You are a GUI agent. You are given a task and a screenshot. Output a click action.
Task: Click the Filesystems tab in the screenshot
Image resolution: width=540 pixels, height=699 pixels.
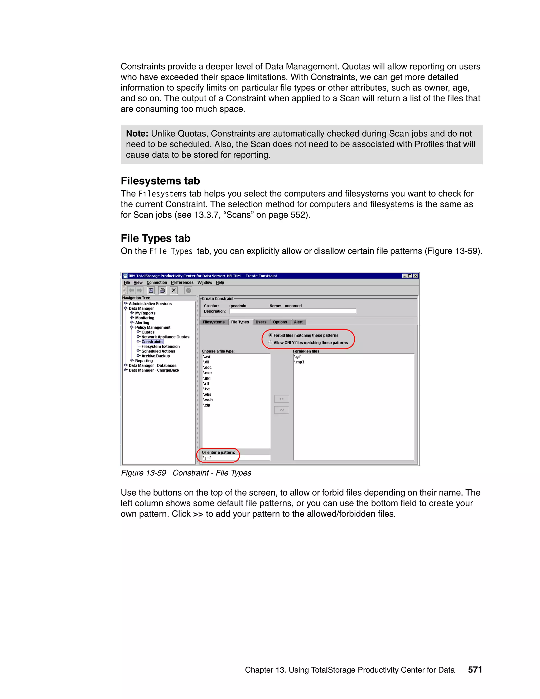coord(214,322)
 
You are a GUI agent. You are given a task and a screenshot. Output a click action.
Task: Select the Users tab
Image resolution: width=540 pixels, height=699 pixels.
coord(261,322)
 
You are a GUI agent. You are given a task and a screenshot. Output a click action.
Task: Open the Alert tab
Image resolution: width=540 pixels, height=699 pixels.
coord(298,322)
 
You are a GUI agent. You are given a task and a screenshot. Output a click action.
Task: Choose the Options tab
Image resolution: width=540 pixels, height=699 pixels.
coord(280,322)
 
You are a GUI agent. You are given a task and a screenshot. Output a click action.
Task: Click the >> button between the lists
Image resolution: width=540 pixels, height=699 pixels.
coord(282,399)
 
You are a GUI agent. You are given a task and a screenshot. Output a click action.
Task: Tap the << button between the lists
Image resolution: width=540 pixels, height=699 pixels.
coord(282,410)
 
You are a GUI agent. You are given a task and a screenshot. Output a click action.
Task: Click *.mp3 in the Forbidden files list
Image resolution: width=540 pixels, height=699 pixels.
coord(300,362)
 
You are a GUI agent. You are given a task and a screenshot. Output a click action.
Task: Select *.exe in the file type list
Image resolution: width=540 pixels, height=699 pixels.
coord(207,373)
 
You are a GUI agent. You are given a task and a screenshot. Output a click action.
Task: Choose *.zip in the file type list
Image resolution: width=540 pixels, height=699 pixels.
coord(207,405)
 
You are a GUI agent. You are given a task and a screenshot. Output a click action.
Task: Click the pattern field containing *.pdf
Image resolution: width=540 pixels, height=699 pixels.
coord(236,458)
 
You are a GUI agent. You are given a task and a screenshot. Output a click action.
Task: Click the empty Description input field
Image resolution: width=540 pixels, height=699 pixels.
coord(292,311)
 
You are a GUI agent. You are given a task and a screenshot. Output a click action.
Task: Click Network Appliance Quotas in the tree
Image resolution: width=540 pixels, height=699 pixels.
coord(165,337)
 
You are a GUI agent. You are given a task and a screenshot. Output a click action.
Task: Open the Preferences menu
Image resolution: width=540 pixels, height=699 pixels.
coord(182,282)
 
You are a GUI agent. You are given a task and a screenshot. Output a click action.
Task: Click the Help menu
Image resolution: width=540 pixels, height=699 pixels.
coord(220,282)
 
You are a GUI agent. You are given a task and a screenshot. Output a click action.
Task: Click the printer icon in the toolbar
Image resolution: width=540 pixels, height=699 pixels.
coord(162,290)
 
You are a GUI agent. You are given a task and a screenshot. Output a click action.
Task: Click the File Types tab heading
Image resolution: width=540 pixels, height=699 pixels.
coord(240,322)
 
